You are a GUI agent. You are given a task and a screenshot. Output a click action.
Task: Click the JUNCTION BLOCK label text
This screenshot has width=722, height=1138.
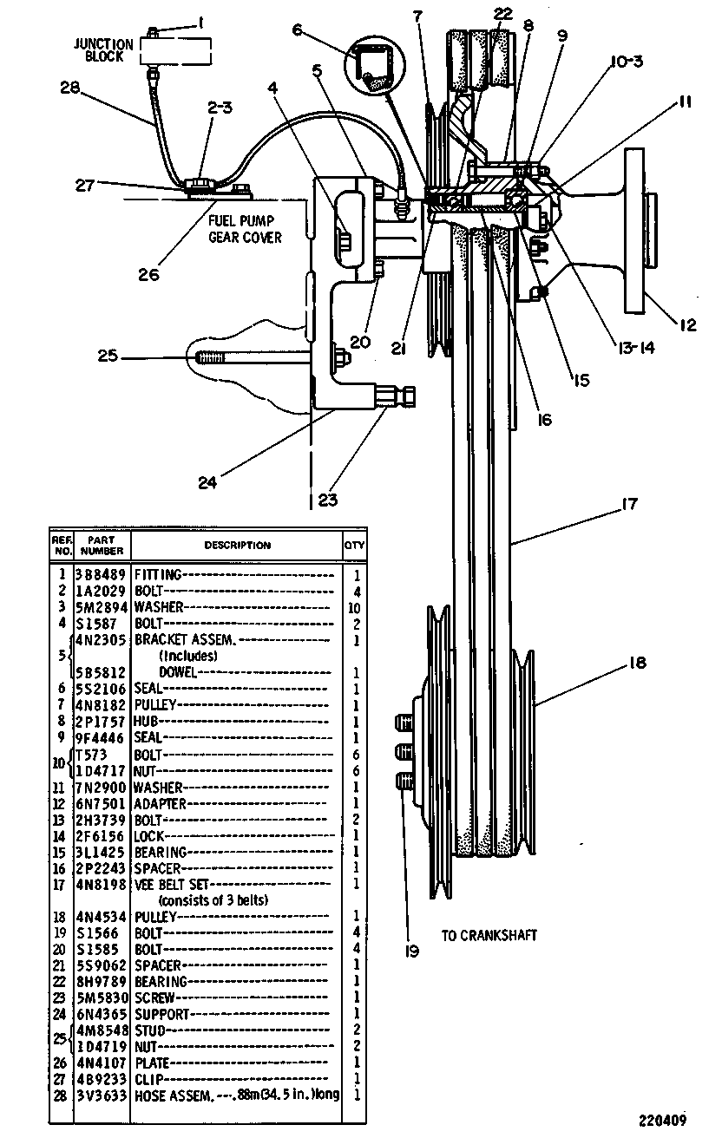tap(103, 50)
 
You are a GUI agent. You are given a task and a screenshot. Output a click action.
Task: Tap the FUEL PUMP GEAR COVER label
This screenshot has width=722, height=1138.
tap(245, 229)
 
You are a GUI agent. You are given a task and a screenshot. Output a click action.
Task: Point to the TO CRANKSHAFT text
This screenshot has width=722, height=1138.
tap(489, 935)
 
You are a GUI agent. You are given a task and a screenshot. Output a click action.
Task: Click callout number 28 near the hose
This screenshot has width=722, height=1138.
tap(69, 88)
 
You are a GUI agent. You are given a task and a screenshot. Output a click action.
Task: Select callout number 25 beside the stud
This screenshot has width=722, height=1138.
tap(108, 356)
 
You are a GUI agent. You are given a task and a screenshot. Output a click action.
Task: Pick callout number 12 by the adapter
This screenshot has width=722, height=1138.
tap(687, 324)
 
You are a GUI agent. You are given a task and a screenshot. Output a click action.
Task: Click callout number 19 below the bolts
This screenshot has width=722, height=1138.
tap(412, 951)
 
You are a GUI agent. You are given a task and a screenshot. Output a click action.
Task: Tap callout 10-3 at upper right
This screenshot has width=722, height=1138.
tap(627, 62)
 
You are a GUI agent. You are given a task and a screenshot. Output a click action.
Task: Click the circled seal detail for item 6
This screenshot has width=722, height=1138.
tap(375, 67)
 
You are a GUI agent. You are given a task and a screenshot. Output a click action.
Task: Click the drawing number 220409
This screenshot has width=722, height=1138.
tap(662, 1120)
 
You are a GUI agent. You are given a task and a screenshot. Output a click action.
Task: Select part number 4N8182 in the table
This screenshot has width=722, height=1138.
tap(101, 705)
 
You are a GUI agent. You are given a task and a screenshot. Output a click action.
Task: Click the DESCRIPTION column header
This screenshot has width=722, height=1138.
tap(238, 545)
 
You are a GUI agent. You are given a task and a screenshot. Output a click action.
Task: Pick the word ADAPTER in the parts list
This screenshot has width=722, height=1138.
tap(160, 804)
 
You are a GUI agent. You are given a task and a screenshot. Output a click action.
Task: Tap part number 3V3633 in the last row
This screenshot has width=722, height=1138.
tap(102, 1095)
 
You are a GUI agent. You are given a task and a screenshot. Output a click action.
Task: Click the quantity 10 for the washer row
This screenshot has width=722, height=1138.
tap(354, 608)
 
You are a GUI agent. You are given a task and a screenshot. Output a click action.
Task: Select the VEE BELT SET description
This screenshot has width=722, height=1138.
tap(171, 885)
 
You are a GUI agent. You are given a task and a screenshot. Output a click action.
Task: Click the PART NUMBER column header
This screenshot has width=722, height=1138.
tap(102, 545)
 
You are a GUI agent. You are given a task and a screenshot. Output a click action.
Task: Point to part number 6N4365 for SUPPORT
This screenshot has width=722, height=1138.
tap(102, 1014)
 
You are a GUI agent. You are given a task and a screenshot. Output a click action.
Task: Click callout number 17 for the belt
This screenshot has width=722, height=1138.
tap(629, 504)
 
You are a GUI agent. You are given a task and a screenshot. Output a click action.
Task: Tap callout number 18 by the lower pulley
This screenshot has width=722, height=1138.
tap(637, 663)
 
